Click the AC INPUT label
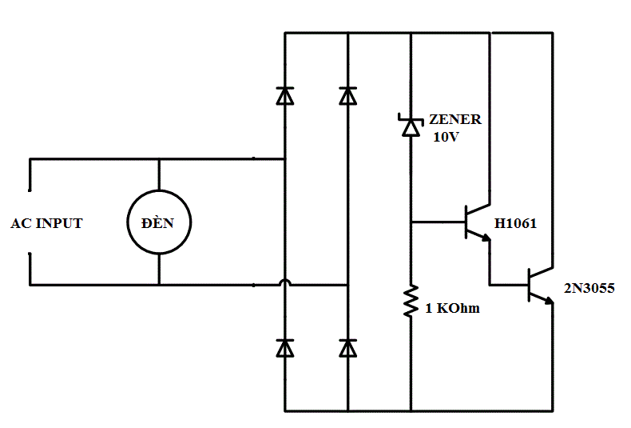(46, 223)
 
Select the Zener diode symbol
(411, 125)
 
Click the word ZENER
(455, 119)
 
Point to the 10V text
(446, 137)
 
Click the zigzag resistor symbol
(411, 301)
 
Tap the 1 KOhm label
(452, 308)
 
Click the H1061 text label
(515, 223)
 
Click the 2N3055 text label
(589, 288)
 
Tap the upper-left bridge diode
(285, 96)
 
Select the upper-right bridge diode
(347, 96)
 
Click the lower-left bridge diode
(285, 348)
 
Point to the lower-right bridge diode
(347, 348)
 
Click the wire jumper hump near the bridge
(285, 280)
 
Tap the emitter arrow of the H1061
(486, 238)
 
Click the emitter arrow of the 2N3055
(549, 301)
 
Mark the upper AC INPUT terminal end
(30, 190)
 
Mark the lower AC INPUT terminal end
(30, 254)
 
